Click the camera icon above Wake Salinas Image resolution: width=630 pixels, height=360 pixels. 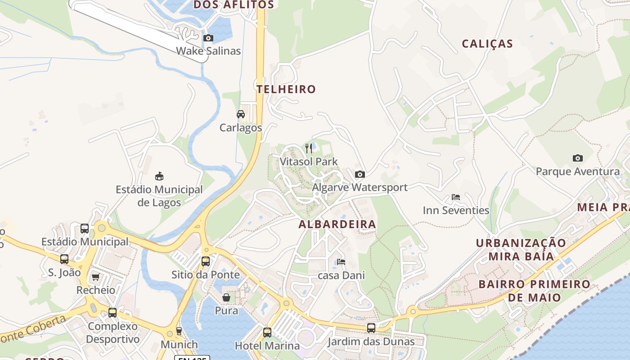click(x=208, y=38)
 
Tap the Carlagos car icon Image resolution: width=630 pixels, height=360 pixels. click(x=241, y=114)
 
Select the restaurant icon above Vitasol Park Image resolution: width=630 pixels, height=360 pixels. click(x=309, y=148)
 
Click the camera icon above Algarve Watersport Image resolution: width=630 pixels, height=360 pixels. click(x=360, y=175)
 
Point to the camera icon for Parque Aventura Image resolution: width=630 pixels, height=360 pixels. click(x=578, y=158)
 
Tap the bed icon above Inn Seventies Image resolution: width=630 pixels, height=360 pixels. click(x=456, y=197)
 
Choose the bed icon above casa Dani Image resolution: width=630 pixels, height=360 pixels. click(x=341, y=262)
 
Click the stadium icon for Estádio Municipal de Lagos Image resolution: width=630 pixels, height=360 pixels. click(x=159, y=176)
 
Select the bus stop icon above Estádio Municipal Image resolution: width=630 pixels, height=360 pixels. click(x=85, y=229)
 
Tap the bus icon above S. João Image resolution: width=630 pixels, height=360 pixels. click(x=64, y=259)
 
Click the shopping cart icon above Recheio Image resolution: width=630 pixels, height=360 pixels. click(x=95, y=277)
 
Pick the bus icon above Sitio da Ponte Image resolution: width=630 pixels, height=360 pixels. click(x=206, y=261)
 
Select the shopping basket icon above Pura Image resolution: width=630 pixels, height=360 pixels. click(x=226, y=297)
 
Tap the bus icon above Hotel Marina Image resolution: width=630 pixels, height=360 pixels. click(x=267, y=333)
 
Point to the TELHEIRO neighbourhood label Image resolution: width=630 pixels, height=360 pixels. click(x=286, y=89)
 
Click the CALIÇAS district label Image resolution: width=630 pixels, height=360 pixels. click(x=487, y=44)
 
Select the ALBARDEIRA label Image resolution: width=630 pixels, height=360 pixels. click(x=337, y=224)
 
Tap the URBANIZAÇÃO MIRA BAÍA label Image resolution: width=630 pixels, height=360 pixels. click(x=521, y=249)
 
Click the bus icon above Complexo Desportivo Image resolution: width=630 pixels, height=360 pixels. click(x=112, y=313)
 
